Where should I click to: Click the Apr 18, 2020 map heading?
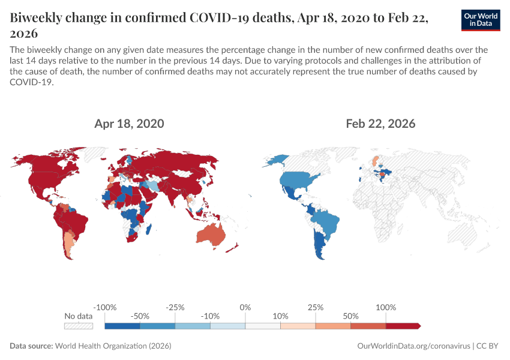[129, 124]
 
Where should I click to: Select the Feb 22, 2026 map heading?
[380, 124]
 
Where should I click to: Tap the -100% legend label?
[105, 307]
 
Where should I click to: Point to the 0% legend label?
[245, 307]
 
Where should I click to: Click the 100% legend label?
[386, 307]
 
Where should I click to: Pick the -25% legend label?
[175, 307]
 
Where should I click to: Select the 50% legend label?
[351, 316]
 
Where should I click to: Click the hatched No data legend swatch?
[79, 326]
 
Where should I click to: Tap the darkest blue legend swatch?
[122, 326]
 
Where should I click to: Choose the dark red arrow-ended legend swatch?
[403, 326]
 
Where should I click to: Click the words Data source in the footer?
[31, 346]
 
